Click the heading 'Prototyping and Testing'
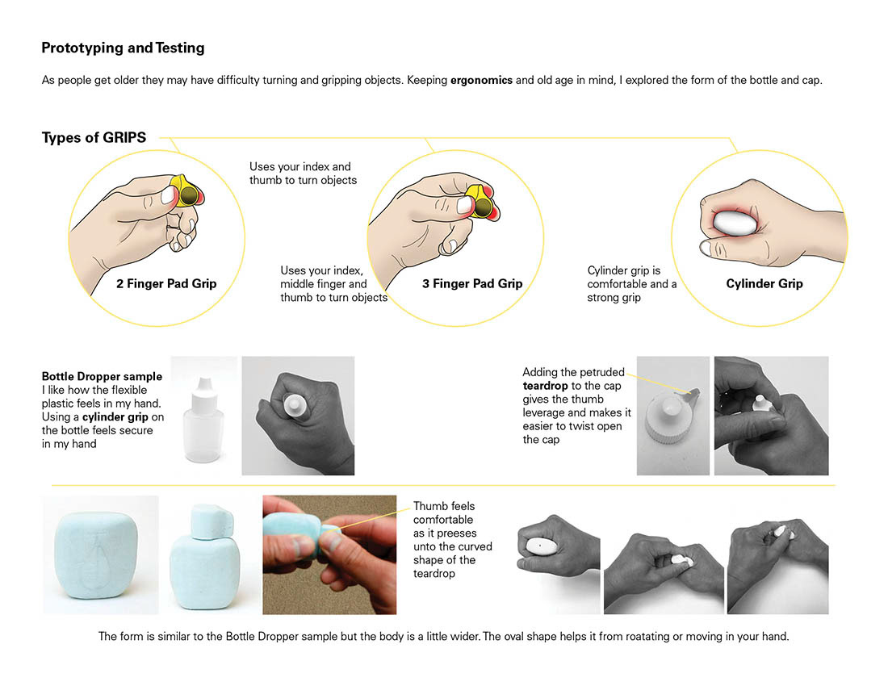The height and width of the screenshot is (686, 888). (123, 48)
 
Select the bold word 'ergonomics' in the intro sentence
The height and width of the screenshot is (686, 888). (481, 81)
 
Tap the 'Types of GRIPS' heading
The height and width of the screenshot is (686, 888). (94, 137)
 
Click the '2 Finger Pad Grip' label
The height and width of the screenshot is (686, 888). (166, 283)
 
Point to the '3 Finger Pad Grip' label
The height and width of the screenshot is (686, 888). (472, 283)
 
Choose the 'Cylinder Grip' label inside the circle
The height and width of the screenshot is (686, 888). (764, 283)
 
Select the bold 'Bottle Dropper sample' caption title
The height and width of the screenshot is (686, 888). (102, 376)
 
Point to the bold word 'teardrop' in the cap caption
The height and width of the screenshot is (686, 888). (546, 386)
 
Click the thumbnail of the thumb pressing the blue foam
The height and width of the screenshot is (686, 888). (329, 554)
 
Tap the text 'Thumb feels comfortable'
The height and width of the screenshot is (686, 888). (444, 512)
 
